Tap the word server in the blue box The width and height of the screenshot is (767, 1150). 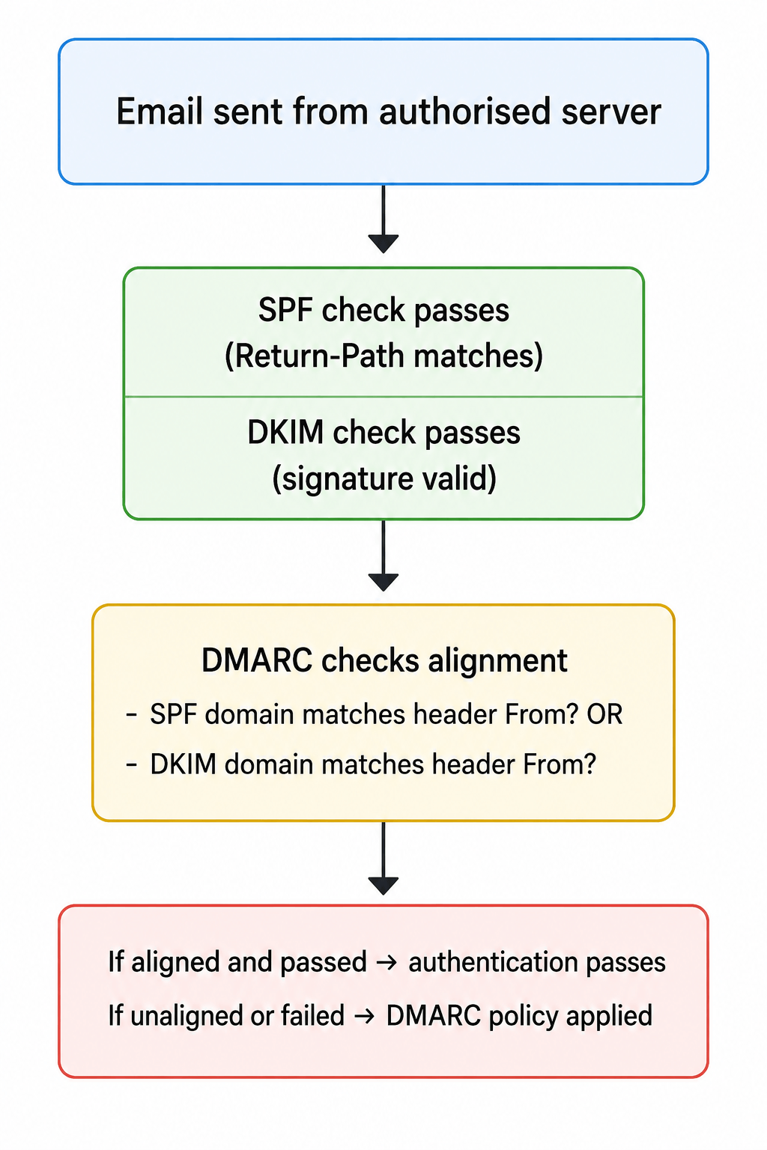click(x=611, y=113)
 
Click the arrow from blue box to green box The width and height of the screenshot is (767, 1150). click(x=383, y=219)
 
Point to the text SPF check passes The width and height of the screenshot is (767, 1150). click(x=383, y=310)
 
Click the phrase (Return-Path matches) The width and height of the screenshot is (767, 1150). click(x=383, y=356)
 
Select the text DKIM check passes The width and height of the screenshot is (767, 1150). click(x=383, y=432)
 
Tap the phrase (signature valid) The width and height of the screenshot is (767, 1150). click(x=383, y=478)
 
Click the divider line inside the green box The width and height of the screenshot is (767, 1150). click(x=383, y=396)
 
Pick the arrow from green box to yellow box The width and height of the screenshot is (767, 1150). click(x=383, y=556)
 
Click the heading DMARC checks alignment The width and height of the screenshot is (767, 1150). click(x=384, y=660)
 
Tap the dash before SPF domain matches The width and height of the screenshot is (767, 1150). click(x=132, y=715)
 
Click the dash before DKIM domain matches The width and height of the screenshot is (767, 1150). click(x=132, y=764)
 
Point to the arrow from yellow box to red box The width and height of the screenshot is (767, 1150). click(x=383, y=859)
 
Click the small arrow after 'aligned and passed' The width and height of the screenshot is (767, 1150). click(x=386, y=962)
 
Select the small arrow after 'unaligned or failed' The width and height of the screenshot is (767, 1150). click(x=364, y=1015)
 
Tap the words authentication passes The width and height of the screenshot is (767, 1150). click(x=537, y=962)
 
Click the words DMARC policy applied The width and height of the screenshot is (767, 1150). click(x=519, y=1016)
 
